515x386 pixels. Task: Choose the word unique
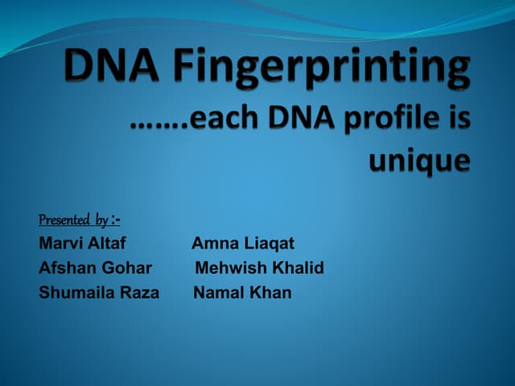click(418, 160)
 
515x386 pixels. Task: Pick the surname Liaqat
click(269, 243)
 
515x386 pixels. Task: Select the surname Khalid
click(295, 268)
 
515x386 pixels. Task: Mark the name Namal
click(218, 293)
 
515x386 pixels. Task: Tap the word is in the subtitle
click(459, 121)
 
